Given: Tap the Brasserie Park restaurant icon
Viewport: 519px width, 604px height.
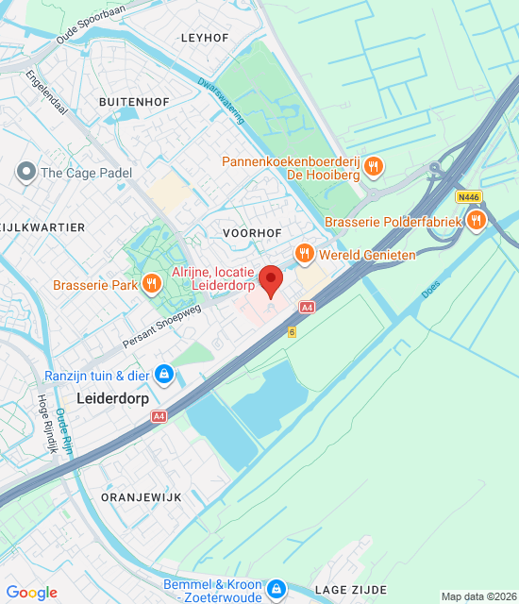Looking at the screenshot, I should tap(151, 284).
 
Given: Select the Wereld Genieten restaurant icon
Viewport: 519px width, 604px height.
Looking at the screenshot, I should tap(304, 253).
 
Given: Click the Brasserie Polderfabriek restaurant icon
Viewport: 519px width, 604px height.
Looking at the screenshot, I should tap(476, 221).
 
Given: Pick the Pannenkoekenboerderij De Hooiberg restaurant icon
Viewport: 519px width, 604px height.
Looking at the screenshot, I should tap(374, 168).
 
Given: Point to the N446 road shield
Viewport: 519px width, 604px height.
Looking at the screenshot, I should tap(467, 197).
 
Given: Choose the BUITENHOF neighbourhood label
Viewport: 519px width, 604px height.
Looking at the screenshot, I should tap(132, 99).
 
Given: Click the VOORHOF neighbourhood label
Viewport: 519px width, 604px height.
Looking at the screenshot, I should tap(253, 231).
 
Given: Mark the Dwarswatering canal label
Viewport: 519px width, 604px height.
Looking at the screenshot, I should tap(222, 101).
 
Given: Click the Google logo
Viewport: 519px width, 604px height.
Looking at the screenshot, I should tap(32, 593).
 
